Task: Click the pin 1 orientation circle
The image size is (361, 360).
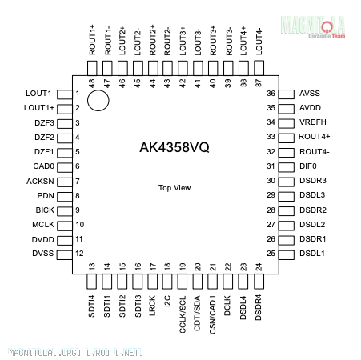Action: coord(98,90)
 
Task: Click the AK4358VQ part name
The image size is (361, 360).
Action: coord(174,147)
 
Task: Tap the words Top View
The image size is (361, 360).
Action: coord(174,188)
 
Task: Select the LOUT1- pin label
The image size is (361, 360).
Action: coord(40,94)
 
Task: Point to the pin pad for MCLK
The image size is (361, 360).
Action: coord(65,226)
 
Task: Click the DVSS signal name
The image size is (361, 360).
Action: coord(43,254)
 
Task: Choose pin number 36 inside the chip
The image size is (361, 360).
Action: coord(271,94)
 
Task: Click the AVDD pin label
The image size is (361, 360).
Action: coord(310,108)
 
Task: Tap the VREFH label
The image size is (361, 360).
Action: coord(313,122)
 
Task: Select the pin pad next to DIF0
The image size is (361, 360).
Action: coord(287,167)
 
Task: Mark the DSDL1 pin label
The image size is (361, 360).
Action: coord(312,254)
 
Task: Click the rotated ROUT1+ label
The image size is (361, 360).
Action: coord(92,40)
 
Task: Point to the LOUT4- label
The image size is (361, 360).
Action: coord(259,41)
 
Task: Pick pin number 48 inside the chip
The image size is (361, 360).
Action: coord(91,83)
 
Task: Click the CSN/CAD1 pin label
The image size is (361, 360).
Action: coord(212,314)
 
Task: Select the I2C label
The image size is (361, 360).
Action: coord(167,301)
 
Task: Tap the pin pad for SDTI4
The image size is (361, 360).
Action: coord(91,282)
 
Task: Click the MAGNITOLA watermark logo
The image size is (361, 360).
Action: coord(313,27)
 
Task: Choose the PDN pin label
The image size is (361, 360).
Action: coord(46,196)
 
